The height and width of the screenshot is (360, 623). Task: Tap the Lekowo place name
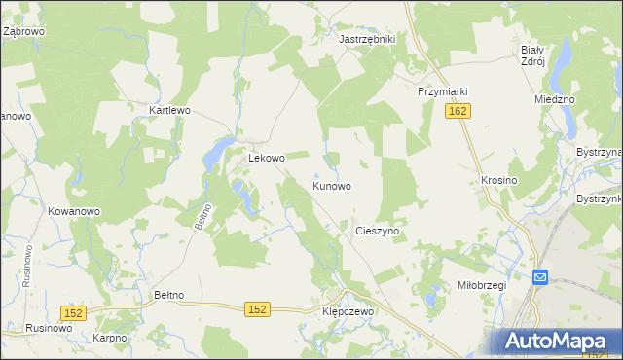266,158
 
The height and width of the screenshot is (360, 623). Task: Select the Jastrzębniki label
366,39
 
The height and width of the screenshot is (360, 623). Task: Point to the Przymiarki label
443,91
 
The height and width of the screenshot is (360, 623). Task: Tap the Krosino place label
498,181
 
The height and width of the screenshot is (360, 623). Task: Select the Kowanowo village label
74,211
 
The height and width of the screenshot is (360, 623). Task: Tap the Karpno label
110,338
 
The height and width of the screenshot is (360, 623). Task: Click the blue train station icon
540,277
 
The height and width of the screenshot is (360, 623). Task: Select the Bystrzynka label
598,198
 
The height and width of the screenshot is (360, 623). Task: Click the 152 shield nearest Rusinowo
74,312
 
